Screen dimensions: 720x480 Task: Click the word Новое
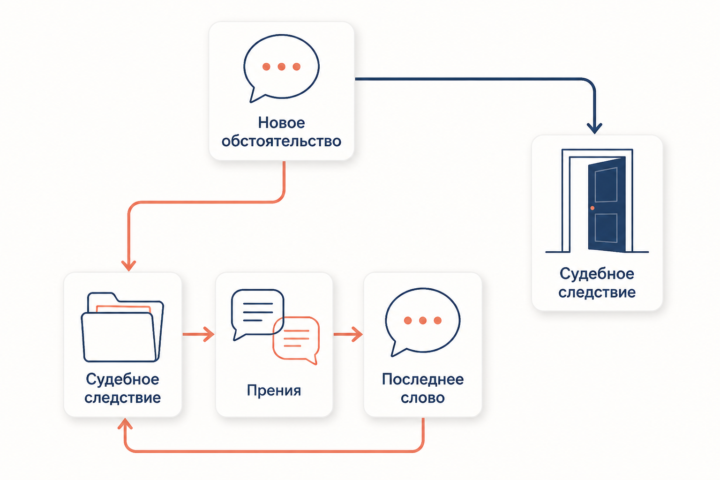pos(281,122)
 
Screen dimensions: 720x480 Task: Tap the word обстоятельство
pos(281,141)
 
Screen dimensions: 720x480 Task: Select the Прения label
pos(274,390)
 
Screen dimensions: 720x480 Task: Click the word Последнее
pos(423,379)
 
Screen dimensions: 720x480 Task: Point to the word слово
pos(423,398)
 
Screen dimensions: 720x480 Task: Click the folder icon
pos(122,327)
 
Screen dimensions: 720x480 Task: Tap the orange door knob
pos(592,208)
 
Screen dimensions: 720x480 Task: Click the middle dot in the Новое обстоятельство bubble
pos(282,67)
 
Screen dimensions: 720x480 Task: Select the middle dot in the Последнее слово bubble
pos(423,320)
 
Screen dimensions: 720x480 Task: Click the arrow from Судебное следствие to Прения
pos(198,334)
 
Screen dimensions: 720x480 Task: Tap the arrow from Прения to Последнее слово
pos(348,334)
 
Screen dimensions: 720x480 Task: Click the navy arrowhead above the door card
pos(595,128)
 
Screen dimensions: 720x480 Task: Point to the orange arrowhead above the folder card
pos(128,266)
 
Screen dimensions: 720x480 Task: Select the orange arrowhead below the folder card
pos(125,424)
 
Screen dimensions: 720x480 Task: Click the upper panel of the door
pos(606,185)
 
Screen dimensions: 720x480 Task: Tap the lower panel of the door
pos(606,228)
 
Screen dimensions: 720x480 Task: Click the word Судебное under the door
pos(597,274)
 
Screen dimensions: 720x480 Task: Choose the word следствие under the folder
pos(122,398)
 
